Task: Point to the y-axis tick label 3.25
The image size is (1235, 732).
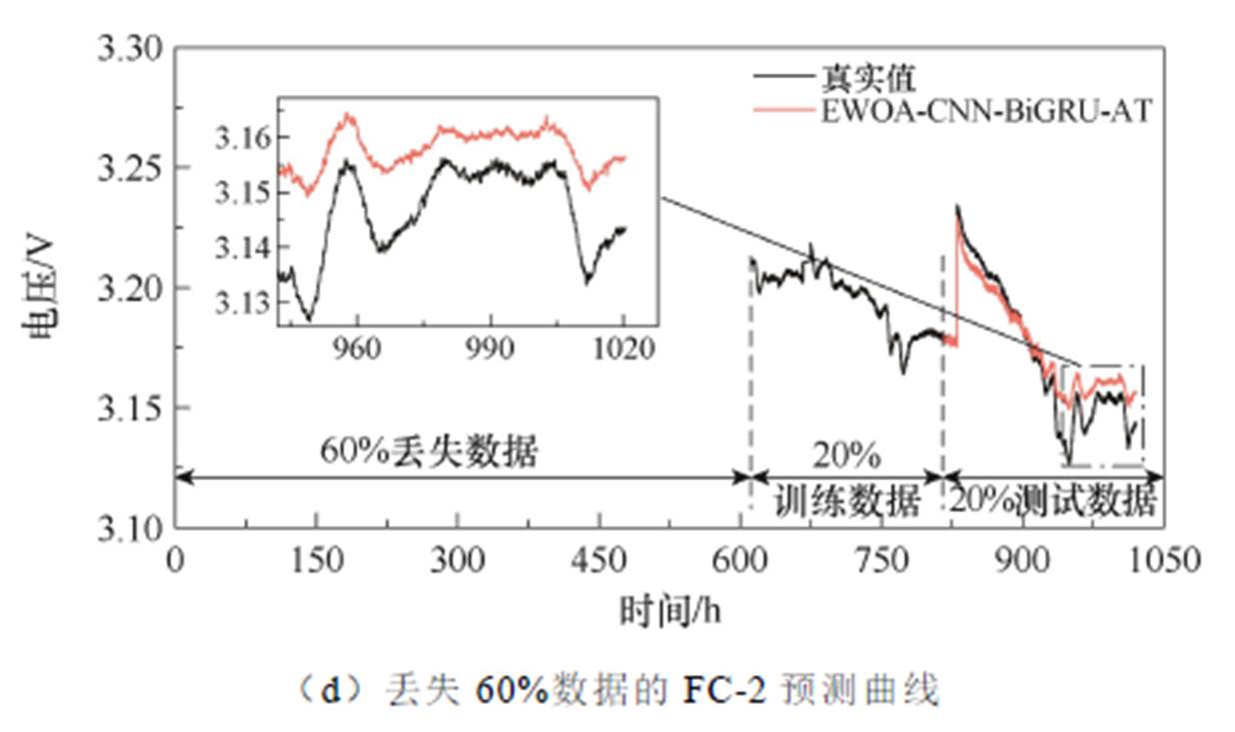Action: tap(129, 167)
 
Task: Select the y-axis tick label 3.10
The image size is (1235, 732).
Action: tap(129, 527)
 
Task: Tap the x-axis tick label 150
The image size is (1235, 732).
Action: tap(317, 561)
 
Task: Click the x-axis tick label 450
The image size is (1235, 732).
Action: tap(600, 561)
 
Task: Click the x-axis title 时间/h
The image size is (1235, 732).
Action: tap(668, 608)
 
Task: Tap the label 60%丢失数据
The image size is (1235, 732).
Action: tap(429, 452)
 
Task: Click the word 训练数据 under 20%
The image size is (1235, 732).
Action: tap(846, 502)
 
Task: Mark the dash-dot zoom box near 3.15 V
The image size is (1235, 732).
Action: tap(1103, 415)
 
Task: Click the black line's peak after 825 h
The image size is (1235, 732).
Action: tap(957, 207)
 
